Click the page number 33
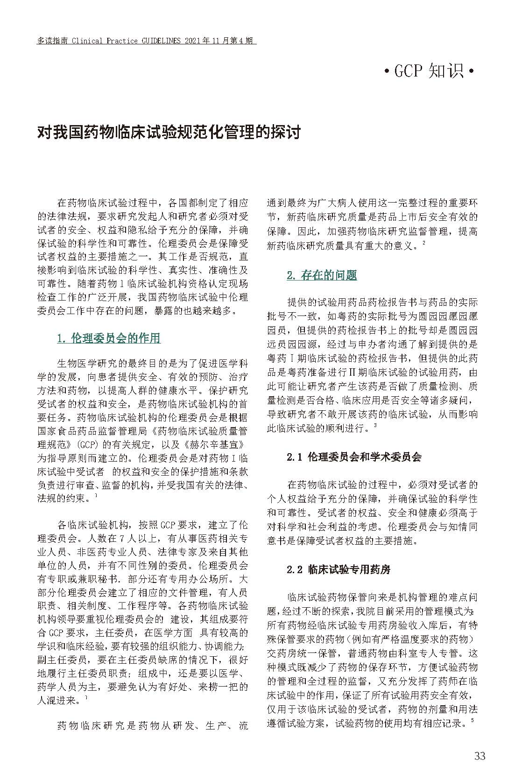480,756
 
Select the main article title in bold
169,133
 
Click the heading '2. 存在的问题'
322,275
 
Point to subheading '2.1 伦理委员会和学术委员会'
354,456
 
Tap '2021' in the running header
194,41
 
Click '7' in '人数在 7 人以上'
121,538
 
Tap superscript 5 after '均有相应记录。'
473,721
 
